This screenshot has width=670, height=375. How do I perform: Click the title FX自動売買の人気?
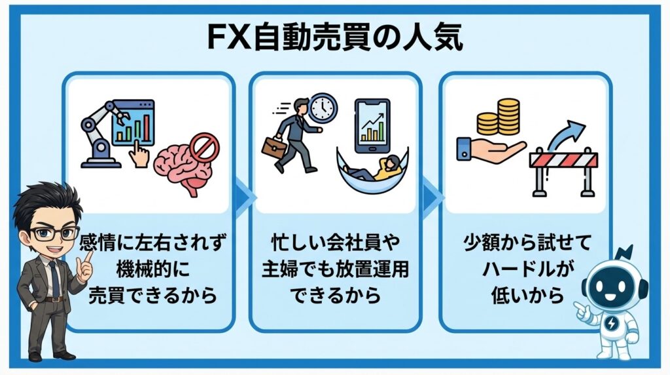tap(334, 38)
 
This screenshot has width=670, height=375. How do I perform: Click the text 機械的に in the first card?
tap(151, 271)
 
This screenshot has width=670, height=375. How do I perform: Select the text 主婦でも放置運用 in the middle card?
tap(335, 271)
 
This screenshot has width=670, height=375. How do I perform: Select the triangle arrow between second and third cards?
tap(429, 195)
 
